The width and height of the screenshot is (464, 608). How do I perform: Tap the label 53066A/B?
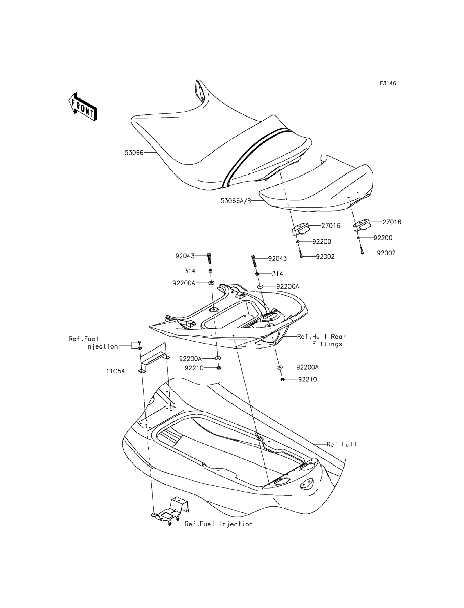tap(236, 201)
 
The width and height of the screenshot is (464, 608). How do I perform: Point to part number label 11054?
tap(115, 371)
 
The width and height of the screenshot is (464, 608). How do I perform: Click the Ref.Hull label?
tap(342, 444)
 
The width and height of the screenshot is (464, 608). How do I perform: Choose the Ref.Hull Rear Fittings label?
tap(322, 340)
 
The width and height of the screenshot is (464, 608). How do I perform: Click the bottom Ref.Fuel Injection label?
tap(218, 524)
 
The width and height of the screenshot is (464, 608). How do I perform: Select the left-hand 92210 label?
tap(194, 368)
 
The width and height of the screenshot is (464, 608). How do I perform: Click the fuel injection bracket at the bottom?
tap(172, 511)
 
